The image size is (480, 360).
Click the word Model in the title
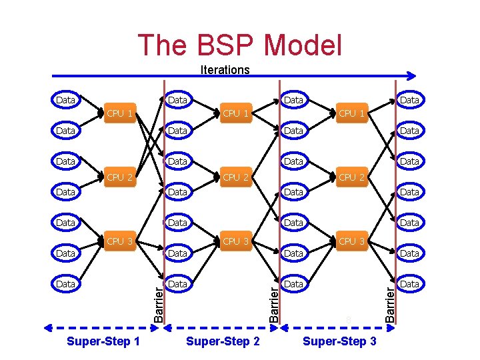[x=303, y=45]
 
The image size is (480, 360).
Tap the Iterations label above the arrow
[x=225, y=69]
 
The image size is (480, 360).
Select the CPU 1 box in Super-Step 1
[x=120, y=113]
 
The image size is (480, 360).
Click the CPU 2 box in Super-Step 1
[x=120, y=177]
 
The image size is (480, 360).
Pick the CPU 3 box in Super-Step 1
[x=120, y=241]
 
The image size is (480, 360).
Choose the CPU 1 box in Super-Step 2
[x=236, y=113]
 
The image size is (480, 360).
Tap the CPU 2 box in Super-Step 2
[x=236, y=177]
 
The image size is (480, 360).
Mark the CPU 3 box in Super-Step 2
[x=236, y=241]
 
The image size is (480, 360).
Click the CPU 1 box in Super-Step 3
[x=351, y=113]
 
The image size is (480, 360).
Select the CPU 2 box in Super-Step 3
[x=351, y=177]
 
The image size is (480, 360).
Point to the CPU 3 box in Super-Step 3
[x=351, y=241]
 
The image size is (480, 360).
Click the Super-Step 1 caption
[x=104, y=341]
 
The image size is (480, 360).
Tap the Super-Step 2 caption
[x=223, y=341]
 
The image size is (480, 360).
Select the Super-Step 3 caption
[x=339, y=341]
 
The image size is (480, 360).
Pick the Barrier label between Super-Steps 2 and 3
[x=274, y=303]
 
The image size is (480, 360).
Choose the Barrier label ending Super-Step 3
[x=391, y=303]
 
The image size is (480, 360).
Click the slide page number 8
[x=348, y=321]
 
